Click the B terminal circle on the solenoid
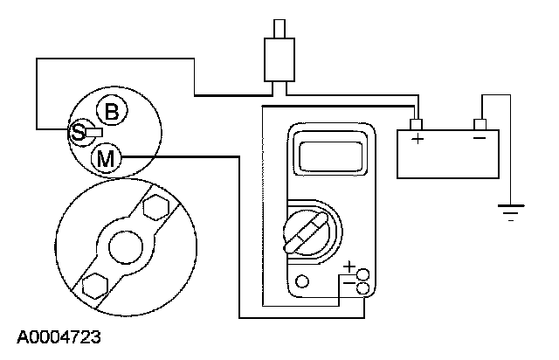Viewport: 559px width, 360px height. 111,111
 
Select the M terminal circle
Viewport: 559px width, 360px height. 106,158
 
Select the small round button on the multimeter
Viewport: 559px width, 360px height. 302,281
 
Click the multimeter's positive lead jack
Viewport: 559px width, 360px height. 362,274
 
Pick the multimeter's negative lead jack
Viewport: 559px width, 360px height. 362,287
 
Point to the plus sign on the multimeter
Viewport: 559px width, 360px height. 349,267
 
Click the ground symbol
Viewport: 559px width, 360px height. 509,211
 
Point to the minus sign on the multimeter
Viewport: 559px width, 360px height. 349,284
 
